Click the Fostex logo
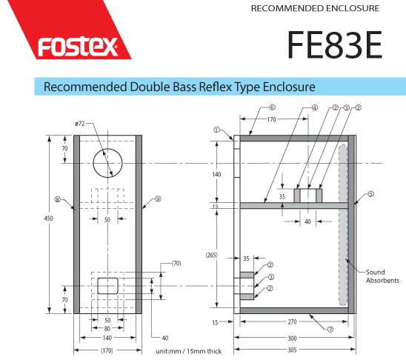point(77,47)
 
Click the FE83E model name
point(335,44)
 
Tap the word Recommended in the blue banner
point(85,87)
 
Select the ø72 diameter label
point(80,124)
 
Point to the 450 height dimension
point(49,219)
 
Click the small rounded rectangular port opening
point(107,286)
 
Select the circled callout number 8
point(58,199)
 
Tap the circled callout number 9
point(158,199)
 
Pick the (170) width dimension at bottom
point(107,350)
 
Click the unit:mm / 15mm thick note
point(188,351)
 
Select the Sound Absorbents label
point(382,276)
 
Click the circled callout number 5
point(371,194)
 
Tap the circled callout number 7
point(330,330)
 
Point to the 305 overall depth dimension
point(292,350)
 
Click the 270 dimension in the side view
point(292,321)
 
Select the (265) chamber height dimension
point(212,255)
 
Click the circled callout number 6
point(272,107)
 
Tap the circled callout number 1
point(216,130)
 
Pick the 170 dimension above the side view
point(271,119)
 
